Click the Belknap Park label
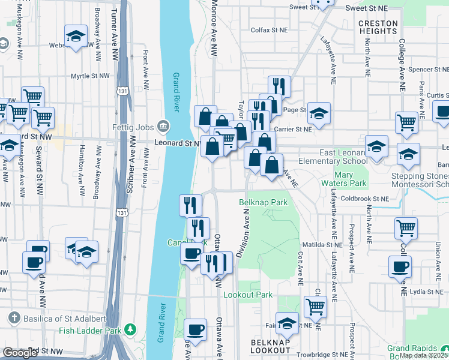pos(264,203)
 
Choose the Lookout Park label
pos(248,295)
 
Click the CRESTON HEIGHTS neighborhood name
pos(378,27)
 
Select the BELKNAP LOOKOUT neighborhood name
pos(263,346)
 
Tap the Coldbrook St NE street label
pos(365,199)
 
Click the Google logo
pos(20,352)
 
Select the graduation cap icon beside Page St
pos(319,112)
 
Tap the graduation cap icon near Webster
pos(76,37)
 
